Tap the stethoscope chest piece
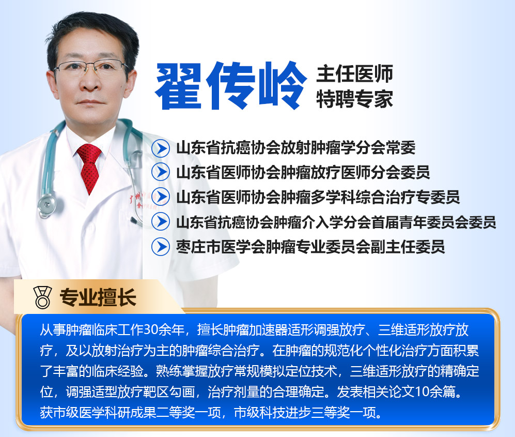click(x=46, y=205)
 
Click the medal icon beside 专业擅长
click(x=43, y=297)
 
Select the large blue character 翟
click(x=178, y=86)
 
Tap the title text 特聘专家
click(x=355, y=99)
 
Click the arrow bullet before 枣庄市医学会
click(x=161, y=247)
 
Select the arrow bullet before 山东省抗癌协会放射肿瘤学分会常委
click(x=161, y=148)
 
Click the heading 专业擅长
click(x=98, y=297)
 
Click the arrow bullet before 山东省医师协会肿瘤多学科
click(x=161, y=197)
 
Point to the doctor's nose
click(x=90, y=82)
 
